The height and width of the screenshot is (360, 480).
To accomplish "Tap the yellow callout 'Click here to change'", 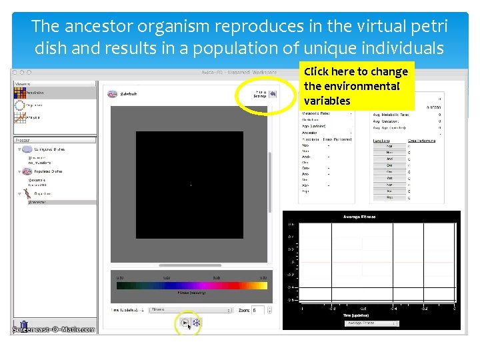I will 355,72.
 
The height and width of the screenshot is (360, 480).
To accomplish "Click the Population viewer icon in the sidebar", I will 20,93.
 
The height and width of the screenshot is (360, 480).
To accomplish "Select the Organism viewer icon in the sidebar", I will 20,105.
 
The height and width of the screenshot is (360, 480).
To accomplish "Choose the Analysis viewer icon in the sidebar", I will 20,117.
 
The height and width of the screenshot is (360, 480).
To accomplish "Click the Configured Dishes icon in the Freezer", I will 25,151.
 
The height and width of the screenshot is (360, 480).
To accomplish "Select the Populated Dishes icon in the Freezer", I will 25,171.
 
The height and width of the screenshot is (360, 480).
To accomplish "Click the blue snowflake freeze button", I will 196,323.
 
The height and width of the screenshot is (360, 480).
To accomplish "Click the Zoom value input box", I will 258,310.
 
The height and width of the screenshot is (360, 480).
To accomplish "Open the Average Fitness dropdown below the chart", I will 371,323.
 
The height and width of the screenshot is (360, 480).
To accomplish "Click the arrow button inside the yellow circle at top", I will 272,94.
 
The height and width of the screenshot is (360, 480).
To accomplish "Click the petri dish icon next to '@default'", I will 112,94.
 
